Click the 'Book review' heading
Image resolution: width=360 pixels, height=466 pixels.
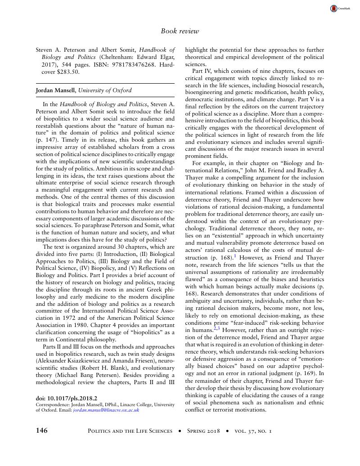point(180,31)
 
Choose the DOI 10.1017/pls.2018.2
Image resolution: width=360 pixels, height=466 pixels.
point(66,398)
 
